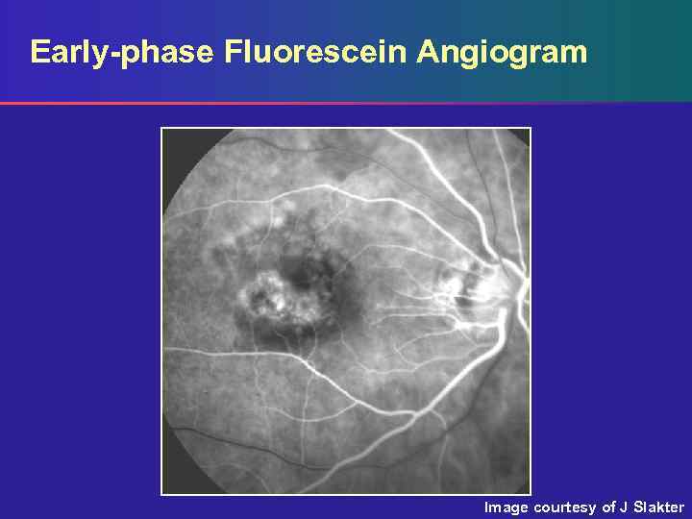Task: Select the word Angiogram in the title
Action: click(502, 52)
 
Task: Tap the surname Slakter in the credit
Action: click(659, 507)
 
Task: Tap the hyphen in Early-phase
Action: click(115, 54)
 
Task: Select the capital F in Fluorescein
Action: click(235, 52)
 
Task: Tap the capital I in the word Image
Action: click(487, 507)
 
